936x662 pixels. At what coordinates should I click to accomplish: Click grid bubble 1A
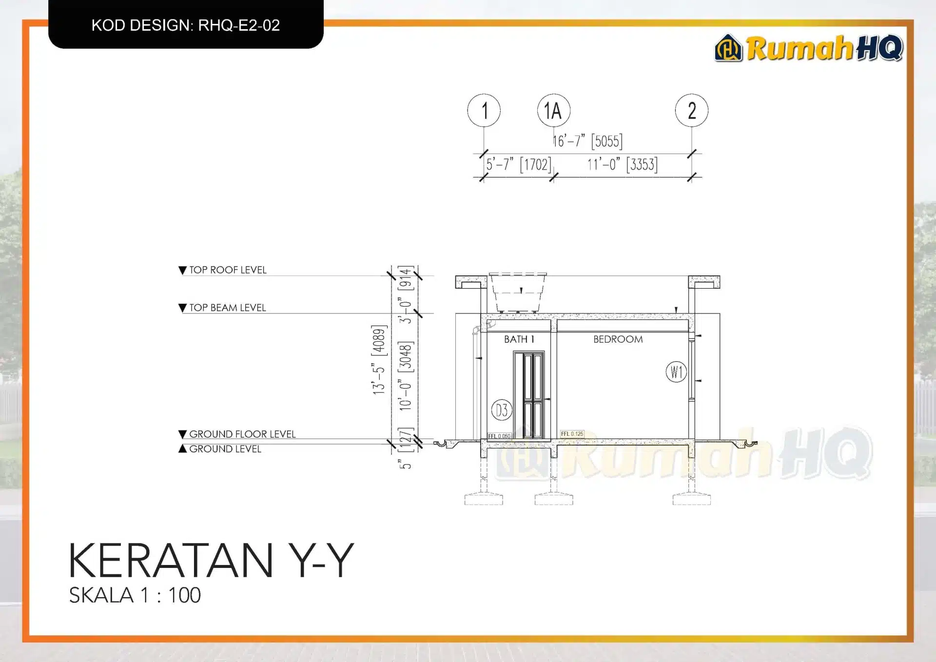(553, 111)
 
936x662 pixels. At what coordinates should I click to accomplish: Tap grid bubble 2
(691, 111)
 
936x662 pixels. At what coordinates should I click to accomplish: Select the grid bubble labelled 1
(484, 111)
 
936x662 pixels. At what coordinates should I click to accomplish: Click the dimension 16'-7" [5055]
(587, 141)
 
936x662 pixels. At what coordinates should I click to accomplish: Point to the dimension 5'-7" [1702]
(519, 165)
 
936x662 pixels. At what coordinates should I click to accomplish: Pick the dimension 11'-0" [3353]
(622, 165)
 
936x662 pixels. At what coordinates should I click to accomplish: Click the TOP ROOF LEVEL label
(227, 270)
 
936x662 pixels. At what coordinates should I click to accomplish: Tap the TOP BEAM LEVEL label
(227, 308)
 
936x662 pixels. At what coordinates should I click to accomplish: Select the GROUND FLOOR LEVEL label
(242, 434)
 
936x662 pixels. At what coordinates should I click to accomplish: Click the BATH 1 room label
(519, 339)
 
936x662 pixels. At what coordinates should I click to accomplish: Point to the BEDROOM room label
(618, 339)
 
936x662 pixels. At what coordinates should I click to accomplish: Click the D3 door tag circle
(502, 410)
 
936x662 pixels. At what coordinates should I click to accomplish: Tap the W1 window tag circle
(676, 372)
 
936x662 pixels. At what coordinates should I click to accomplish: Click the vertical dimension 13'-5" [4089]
(379, 360)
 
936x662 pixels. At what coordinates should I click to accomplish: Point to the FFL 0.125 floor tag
(572, 434)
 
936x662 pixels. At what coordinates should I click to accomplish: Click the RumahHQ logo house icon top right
(728, 48)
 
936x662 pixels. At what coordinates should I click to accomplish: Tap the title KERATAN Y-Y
(211, 561)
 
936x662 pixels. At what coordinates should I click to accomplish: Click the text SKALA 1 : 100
(135, 595)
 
